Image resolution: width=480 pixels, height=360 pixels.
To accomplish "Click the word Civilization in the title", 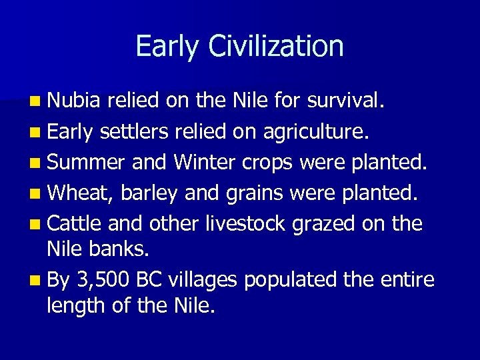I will click(276, 47).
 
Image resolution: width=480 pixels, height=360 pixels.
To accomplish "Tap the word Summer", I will click(87, 162).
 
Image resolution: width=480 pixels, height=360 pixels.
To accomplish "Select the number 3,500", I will click(104, 280).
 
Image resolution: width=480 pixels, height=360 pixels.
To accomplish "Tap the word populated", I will click(291, 280).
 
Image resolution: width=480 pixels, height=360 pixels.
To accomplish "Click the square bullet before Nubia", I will click(34, 102).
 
